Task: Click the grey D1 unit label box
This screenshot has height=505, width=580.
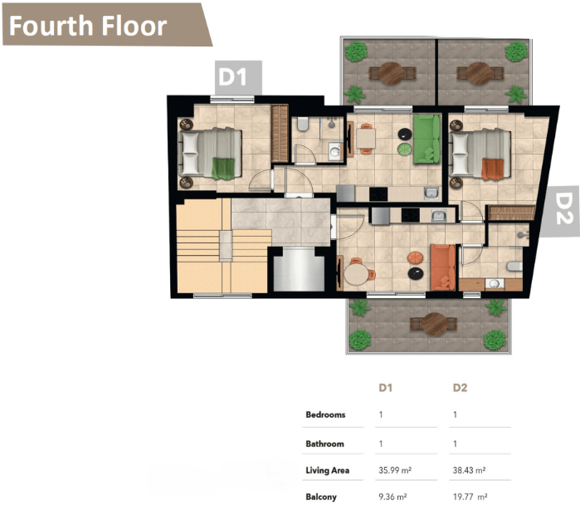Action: pos(239,78)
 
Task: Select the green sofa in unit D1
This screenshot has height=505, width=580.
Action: pos(426,139)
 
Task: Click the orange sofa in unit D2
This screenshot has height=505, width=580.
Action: pos(442,267)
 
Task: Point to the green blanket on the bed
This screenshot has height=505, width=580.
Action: pos(223,169)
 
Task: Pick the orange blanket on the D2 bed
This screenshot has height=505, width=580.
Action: pos(492,169)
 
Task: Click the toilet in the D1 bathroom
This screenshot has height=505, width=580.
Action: pos(303,125)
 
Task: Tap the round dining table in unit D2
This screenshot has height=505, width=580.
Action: pos(357,274)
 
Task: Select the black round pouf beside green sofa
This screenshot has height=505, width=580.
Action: pos(405,134)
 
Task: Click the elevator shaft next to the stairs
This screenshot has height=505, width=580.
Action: pos(299,269)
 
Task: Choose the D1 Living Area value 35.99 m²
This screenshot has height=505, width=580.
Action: pos(395,470)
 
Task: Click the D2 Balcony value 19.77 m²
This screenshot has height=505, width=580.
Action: pos(470,497)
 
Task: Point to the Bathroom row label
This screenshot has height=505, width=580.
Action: pos(324,444)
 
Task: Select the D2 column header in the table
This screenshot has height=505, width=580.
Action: pos(461,388)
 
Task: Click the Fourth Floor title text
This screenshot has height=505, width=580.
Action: pos(88,26)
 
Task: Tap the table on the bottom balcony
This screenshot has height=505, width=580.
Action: pos(435,324)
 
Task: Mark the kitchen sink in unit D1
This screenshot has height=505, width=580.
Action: pos(431,193)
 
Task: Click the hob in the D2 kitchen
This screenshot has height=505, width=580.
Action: pos(411,215)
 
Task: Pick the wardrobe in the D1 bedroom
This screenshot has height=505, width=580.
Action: pos(280,134)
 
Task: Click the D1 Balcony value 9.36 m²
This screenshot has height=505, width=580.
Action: pos(392,497)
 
